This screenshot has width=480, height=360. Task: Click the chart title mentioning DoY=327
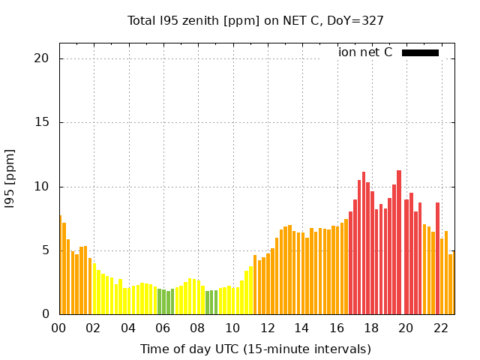click(256, 20)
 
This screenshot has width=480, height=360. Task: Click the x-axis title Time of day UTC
click(256, 349)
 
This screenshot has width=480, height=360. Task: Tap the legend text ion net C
click(365, 52)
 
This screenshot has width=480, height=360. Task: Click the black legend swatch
click(420, 52)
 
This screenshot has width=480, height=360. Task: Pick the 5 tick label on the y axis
click(46, 250)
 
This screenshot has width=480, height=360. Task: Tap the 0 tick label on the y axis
click(46, 314)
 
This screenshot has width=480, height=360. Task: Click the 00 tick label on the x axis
click(59, 328)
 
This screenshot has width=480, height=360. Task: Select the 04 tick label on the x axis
click(128, 328)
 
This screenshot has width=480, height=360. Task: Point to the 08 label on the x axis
click(197, 328)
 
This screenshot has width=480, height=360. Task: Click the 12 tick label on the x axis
click(267, 328)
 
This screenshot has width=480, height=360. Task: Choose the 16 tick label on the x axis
click(336, 328)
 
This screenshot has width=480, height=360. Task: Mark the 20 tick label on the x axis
click(405, 328)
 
